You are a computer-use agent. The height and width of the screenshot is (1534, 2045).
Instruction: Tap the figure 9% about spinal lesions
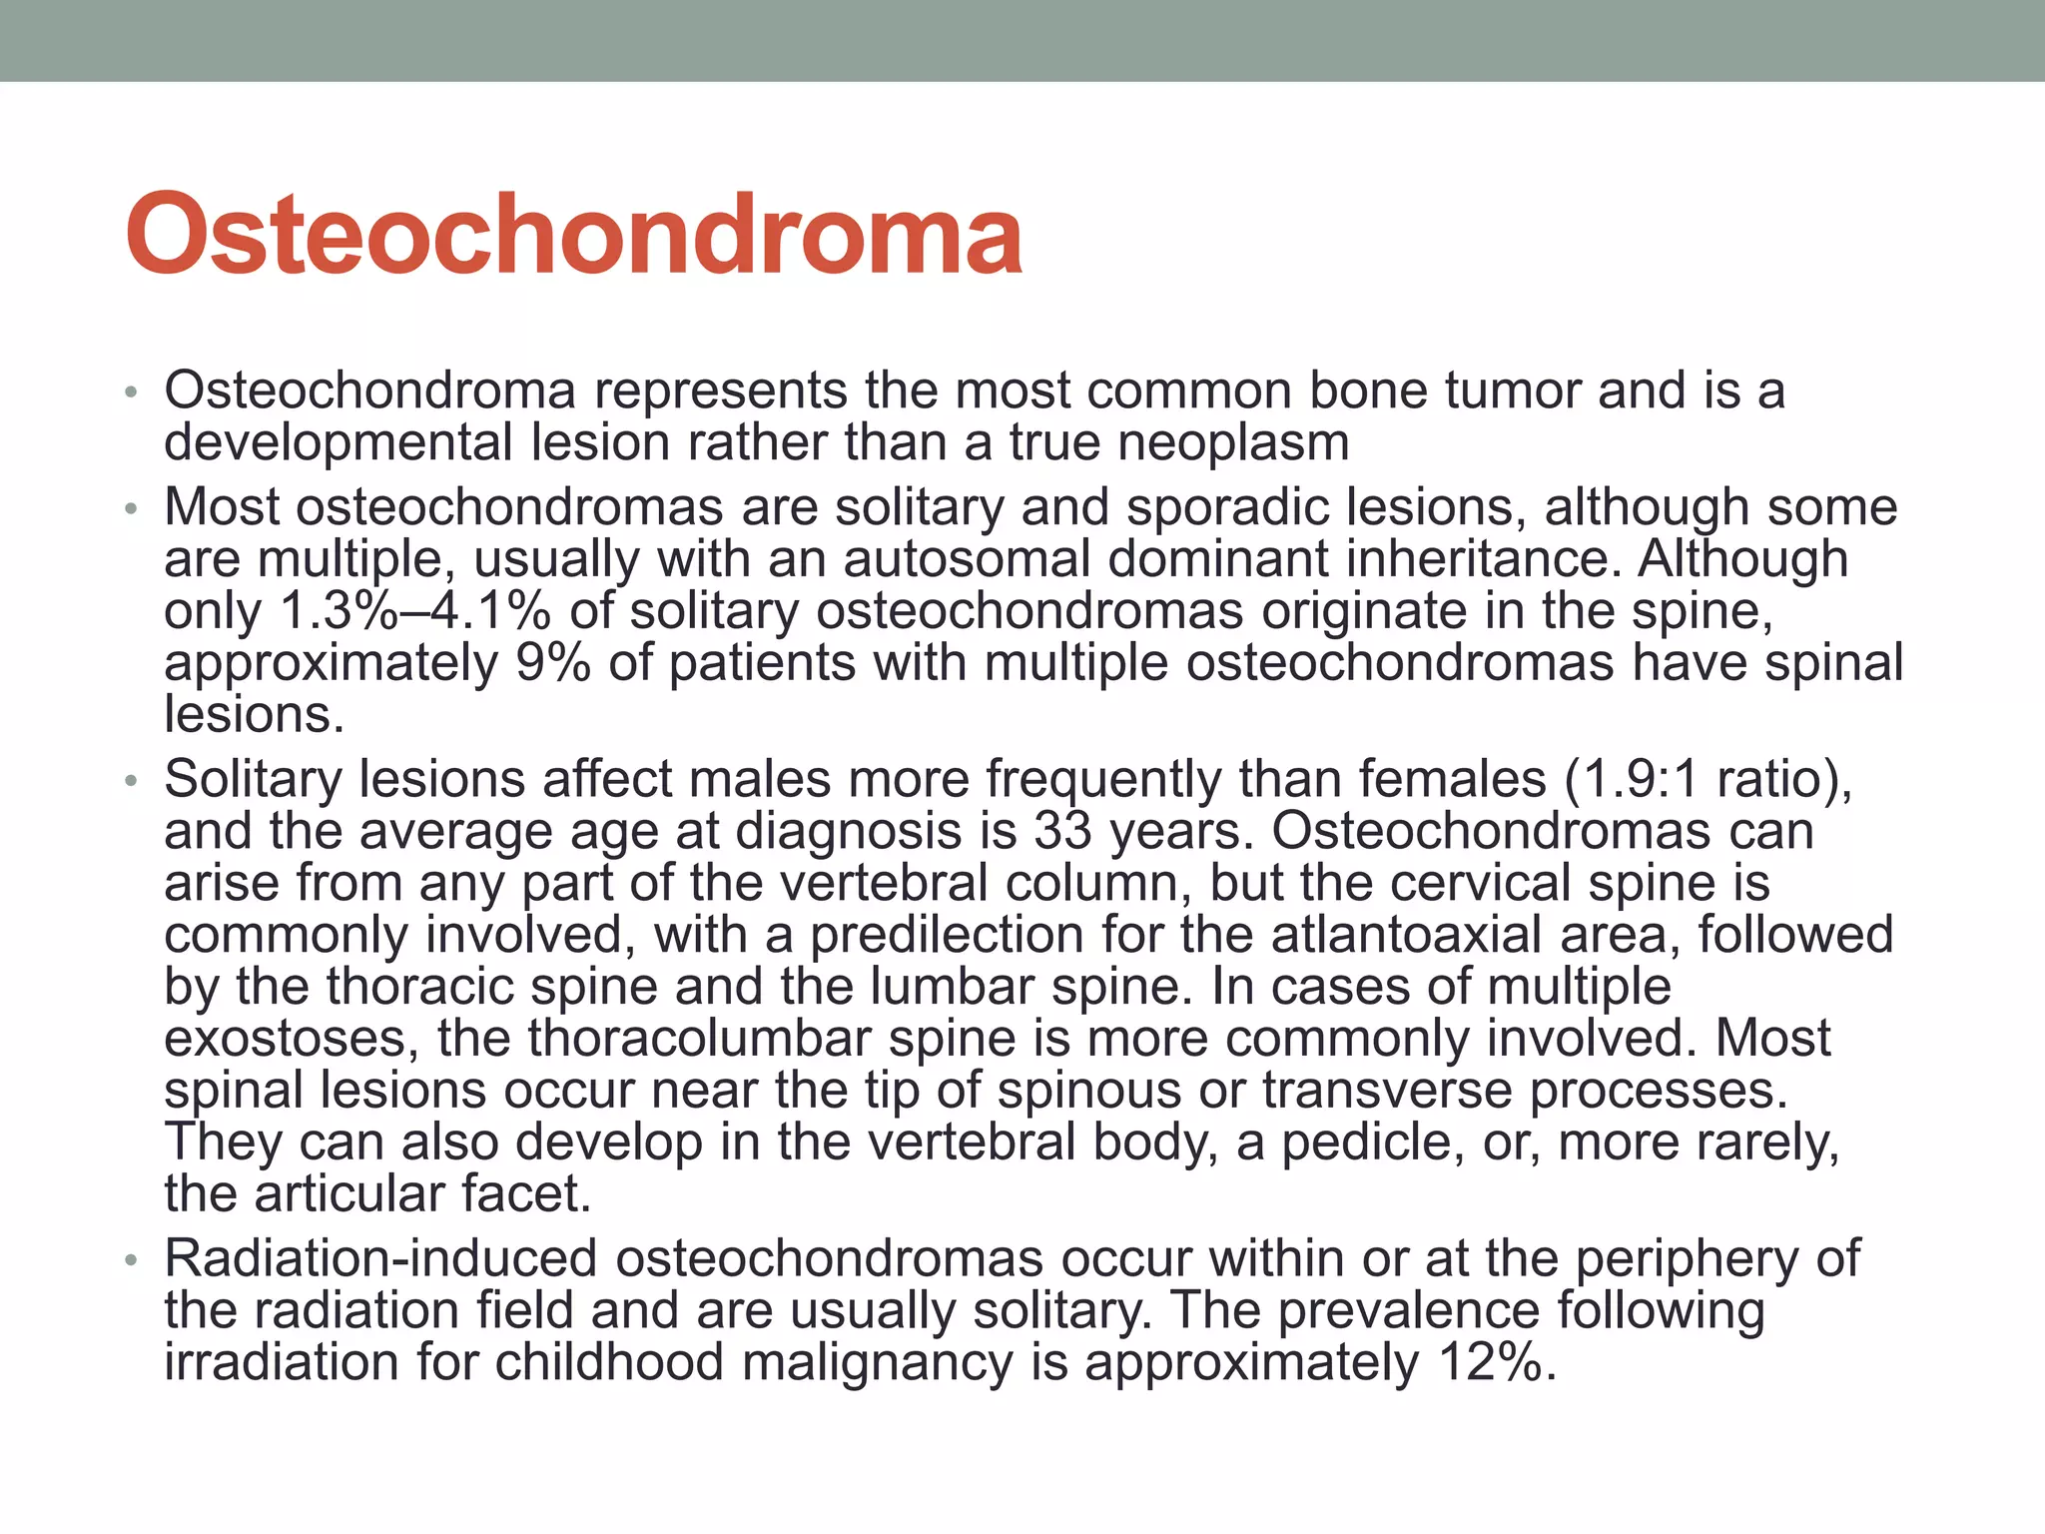click(x=553, y=663)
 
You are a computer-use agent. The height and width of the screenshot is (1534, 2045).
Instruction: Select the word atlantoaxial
click(x=1460, y=935)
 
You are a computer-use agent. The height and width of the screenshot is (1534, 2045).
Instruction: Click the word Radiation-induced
click(x=380, y=1258)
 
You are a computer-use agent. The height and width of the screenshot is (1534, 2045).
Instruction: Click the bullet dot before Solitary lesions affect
click(x=130, y=781)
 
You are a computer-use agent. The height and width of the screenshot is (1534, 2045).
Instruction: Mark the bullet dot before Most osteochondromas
click(x=130, y=509)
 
